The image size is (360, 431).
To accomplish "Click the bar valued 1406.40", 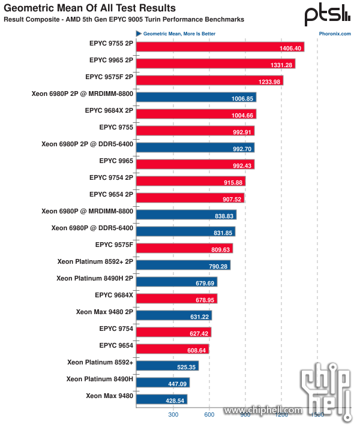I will click(x=220, y=47).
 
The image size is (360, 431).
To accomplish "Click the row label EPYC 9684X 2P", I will click(x=109, y=110).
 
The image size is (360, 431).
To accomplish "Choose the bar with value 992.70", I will click(x=195, y=147).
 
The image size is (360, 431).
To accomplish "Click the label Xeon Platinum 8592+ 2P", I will click(x=95, y=261).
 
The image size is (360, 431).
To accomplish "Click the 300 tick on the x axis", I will click(x=173, y=414).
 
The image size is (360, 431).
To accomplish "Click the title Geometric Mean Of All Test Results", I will click(x=90, y=8).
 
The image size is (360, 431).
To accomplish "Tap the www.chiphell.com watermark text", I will click(x=264, y=410).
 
